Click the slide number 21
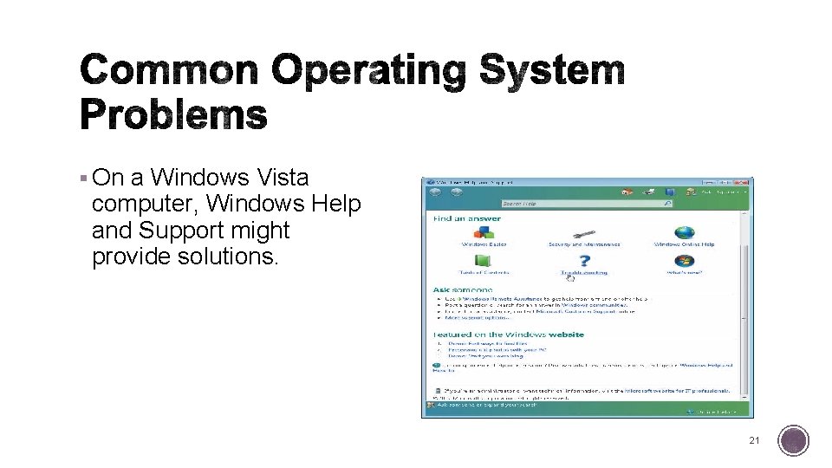pos(754,441)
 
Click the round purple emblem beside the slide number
pos(793,441)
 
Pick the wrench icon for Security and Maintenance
pos(584,233)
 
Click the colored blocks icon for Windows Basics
pos(484,233)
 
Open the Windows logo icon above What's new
pos(685,260)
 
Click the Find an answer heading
pos(467,218)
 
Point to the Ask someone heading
pos(463,289)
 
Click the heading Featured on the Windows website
pos(509,335)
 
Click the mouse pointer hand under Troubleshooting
pos(570,277)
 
